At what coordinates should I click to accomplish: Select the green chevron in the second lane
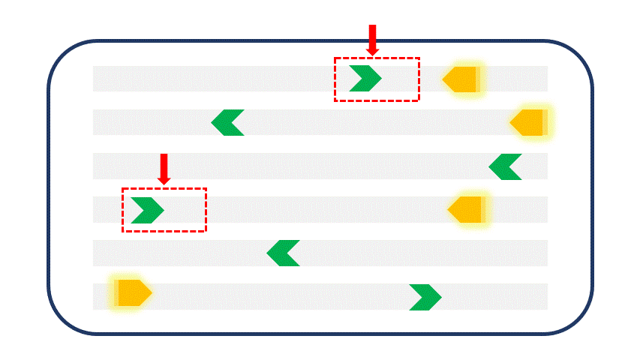click(227, 122)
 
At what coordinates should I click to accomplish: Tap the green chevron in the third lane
click(504, 166)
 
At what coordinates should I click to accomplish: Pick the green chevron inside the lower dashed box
click(149, 210)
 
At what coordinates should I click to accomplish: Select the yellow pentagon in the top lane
click(461, 79)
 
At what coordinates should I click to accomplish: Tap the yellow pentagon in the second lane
click(529, 122)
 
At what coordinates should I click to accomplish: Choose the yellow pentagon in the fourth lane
click(467, 210)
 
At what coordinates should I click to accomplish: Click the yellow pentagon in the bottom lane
click(133, 292)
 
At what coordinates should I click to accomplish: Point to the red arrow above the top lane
click(372, 39)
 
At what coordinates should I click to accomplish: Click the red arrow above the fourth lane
click(164, 169)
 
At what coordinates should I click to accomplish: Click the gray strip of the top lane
click(225, 79)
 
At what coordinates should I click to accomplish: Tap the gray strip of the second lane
click(375, 122)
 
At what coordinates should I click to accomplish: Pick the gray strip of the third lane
click(300, 166)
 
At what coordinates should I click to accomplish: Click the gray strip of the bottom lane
click(285, 297)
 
